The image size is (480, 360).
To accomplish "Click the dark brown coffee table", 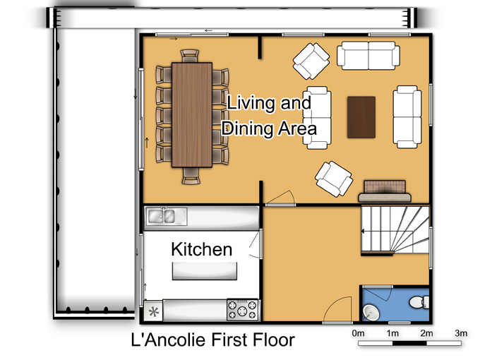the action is [x=361, y=117].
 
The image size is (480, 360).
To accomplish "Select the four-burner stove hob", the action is [x=242, y=309].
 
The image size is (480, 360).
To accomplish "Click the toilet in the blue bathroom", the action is [x=419, y=302].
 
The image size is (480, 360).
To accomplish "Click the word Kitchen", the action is [x=202, y=249].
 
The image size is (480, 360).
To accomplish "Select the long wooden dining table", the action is [x=192, y=115].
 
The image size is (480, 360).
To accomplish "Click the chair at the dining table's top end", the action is [x=190, y=56].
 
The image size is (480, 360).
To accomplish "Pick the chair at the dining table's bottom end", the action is [x=191, y=176].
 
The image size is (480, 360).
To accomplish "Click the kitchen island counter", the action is [x=205, y=271].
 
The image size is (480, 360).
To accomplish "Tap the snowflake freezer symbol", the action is [x=153, y=312].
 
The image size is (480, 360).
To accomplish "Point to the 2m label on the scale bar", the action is [x=426, y=333].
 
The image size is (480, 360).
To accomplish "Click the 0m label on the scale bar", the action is [x=358, y=333].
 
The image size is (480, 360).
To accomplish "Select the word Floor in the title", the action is [x=274, y=340].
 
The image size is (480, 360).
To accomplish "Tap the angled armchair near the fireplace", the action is [x=334, y=179].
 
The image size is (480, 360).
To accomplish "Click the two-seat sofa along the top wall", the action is [x=368, y=56].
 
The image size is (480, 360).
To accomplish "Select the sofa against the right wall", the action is [x=407, y=117].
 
